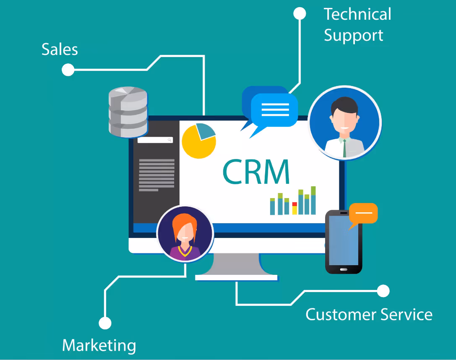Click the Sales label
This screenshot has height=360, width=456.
coord(60,50)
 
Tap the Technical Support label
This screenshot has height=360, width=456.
coord(357,25)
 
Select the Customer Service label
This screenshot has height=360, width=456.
coord(369,314)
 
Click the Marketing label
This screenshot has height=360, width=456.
coord(99,345)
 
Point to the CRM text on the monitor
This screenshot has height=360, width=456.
coord(256,172)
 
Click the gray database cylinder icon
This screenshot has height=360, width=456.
coord(128,112)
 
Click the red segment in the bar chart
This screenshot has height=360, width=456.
coord(294,204)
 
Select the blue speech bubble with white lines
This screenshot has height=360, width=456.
coord(274,110)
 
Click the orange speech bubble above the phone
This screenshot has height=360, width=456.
coord(363,213)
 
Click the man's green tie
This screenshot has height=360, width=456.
coord(344,148)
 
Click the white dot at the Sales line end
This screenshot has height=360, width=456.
coord(68,70)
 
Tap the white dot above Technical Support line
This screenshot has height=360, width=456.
coord(300,13)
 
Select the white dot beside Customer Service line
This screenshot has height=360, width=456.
coord(383,291)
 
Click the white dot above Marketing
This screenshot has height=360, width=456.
coord(105,323)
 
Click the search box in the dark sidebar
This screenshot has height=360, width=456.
coord(155,140)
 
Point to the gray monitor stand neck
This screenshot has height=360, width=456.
coord(236,264)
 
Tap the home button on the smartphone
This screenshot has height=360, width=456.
coord(344,269)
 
